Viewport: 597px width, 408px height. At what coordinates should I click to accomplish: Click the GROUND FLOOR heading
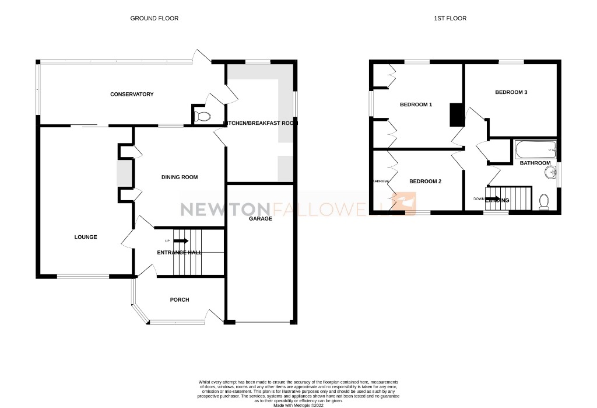[154, 19]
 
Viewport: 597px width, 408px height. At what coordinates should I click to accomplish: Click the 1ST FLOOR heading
[450, 19]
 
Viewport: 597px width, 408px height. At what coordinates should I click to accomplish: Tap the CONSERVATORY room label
[132, 95]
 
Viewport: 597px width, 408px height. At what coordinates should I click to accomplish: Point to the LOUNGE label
[86, 237]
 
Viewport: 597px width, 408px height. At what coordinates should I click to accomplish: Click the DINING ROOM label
[180, 177]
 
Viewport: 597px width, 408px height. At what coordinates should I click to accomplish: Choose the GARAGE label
[261, 219]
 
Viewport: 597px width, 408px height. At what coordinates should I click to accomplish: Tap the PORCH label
[180, 300]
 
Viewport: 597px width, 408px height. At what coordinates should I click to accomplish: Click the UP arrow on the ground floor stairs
[181, 240]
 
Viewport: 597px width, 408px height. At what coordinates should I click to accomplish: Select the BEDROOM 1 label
[416, 105]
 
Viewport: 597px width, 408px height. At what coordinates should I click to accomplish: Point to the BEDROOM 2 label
[425, 182]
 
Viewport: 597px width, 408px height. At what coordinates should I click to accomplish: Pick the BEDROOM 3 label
[511, 92]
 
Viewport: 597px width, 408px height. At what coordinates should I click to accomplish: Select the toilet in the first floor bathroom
[545, 201]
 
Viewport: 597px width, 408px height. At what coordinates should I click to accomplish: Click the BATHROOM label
[535, 163]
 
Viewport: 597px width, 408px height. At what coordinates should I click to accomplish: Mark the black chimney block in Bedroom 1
[455, 115]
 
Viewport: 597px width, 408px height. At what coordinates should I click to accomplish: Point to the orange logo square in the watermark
[406, 204]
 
